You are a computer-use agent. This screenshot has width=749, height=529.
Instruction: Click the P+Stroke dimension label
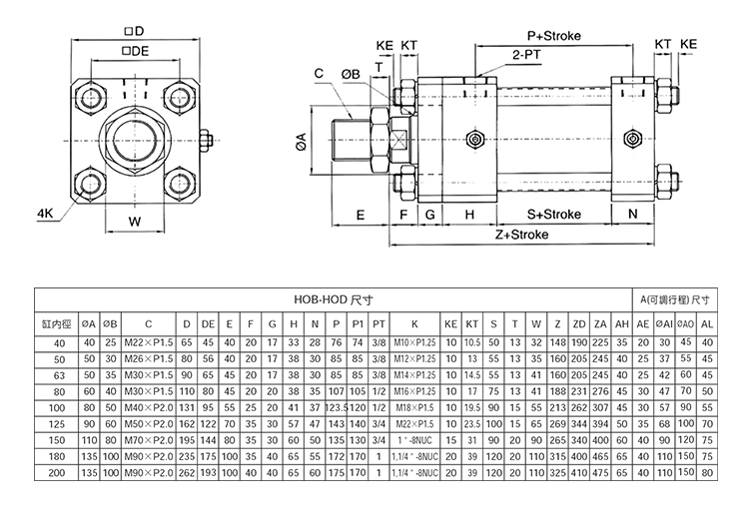click(x=554, y=36)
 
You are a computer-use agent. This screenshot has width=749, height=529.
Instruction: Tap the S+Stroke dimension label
click(x=553, y=214)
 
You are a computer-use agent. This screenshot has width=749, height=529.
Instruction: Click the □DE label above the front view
click(x=135, y=50)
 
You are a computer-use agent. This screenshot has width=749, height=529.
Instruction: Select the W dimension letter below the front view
click(x=134, y=222)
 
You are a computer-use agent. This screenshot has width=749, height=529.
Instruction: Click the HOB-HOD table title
click(x=320, y=297)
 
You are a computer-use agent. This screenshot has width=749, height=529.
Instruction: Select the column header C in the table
click(x=148, y=323)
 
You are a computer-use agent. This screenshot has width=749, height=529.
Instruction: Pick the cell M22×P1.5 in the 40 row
click(x=147, y=342)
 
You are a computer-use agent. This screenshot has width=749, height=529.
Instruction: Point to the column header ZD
click(x=579, y=323)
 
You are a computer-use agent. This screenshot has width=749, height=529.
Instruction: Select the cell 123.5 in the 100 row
click(x=336, y=407)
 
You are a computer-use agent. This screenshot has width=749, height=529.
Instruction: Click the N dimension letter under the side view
click(x=632, y=214)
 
